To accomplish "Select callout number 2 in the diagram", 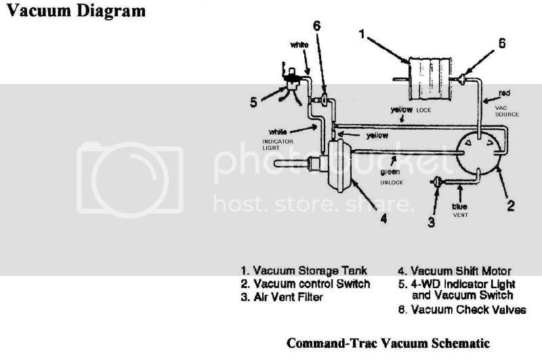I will pos(512,204).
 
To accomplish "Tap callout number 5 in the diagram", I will pos(253,103).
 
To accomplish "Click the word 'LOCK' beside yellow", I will pos(425,110).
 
